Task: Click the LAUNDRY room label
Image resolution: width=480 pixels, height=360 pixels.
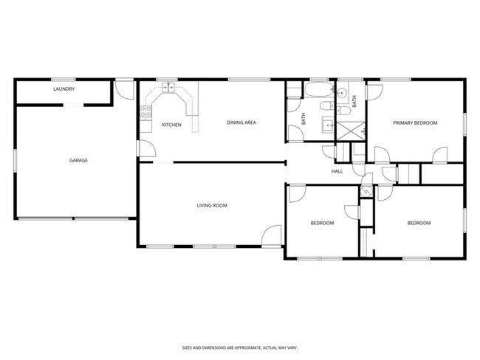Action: point(64,89)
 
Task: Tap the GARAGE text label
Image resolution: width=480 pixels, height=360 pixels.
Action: point(78,160)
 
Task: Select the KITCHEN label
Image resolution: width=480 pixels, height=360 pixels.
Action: point(171,125)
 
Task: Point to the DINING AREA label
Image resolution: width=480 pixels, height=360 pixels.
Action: point(241,122)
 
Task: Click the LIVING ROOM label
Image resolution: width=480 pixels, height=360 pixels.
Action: point(211,205)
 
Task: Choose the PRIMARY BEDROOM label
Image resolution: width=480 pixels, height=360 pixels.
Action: point(415,122)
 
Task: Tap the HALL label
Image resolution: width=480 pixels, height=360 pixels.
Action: point(337,171)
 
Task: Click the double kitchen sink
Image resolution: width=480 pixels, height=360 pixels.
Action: point(168,87)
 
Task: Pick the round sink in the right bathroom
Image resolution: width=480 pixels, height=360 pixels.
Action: point(343,93)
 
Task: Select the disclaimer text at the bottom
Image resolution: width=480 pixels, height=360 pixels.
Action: point(240,347)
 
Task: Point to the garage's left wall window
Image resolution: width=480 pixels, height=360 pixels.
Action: point(15,161)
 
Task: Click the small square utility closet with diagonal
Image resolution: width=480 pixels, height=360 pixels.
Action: point(366,190)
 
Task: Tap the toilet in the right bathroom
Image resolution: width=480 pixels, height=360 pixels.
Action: point(344,112)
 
